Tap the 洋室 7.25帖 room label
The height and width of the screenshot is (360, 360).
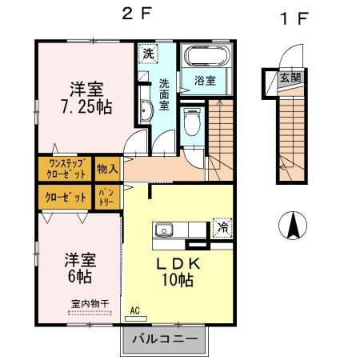click(85, 96)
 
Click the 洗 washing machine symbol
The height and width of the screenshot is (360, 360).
click(149, 54)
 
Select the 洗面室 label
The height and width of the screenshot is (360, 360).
click(163, 94)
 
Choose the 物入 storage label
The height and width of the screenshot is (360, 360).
click(107, 169)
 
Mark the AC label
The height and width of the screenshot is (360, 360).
click(136, 310)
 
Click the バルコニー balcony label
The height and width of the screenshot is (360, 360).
click(170, 340)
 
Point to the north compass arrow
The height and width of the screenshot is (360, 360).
click(292, 225)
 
